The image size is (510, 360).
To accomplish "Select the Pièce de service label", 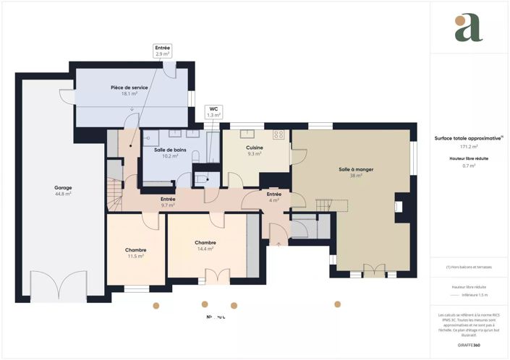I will pyautogui.click(x=129, y=87).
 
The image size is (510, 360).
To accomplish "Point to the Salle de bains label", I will pyautogui.click(x=170, y=150).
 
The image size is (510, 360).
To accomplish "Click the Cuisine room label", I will pyautogui.click(x=254, y=147).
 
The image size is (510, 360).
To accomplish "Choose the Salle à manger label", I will pyautogui.click(x=356, y=169).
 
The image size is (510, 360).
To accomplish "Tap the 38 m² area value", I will pyautogui.click(x=356, y=176).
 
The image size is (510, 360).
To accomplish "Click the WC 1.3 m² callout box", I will pyautogui.click(x=213, y=111).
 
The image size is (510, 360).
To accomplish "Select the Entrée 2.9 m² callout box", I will pyautogui.click(x=163, y=51).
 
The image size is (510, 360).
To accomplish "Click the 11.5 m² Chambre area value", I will pyautogui.click(x=135, y=256).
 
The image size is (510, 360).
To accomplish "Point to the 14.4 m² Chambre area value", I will pyautogui.click(x=205, y=249).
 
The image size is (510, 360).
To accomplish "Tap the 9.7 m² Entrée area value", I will pyautogui.click(x=168, y=205).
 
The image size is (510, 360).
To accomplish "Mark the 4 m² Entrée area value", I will pyautogui.click(x=274, y=200).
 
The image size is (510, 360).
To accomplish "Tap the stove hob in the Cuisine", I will pyautogui.click(x=279, y=135).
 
